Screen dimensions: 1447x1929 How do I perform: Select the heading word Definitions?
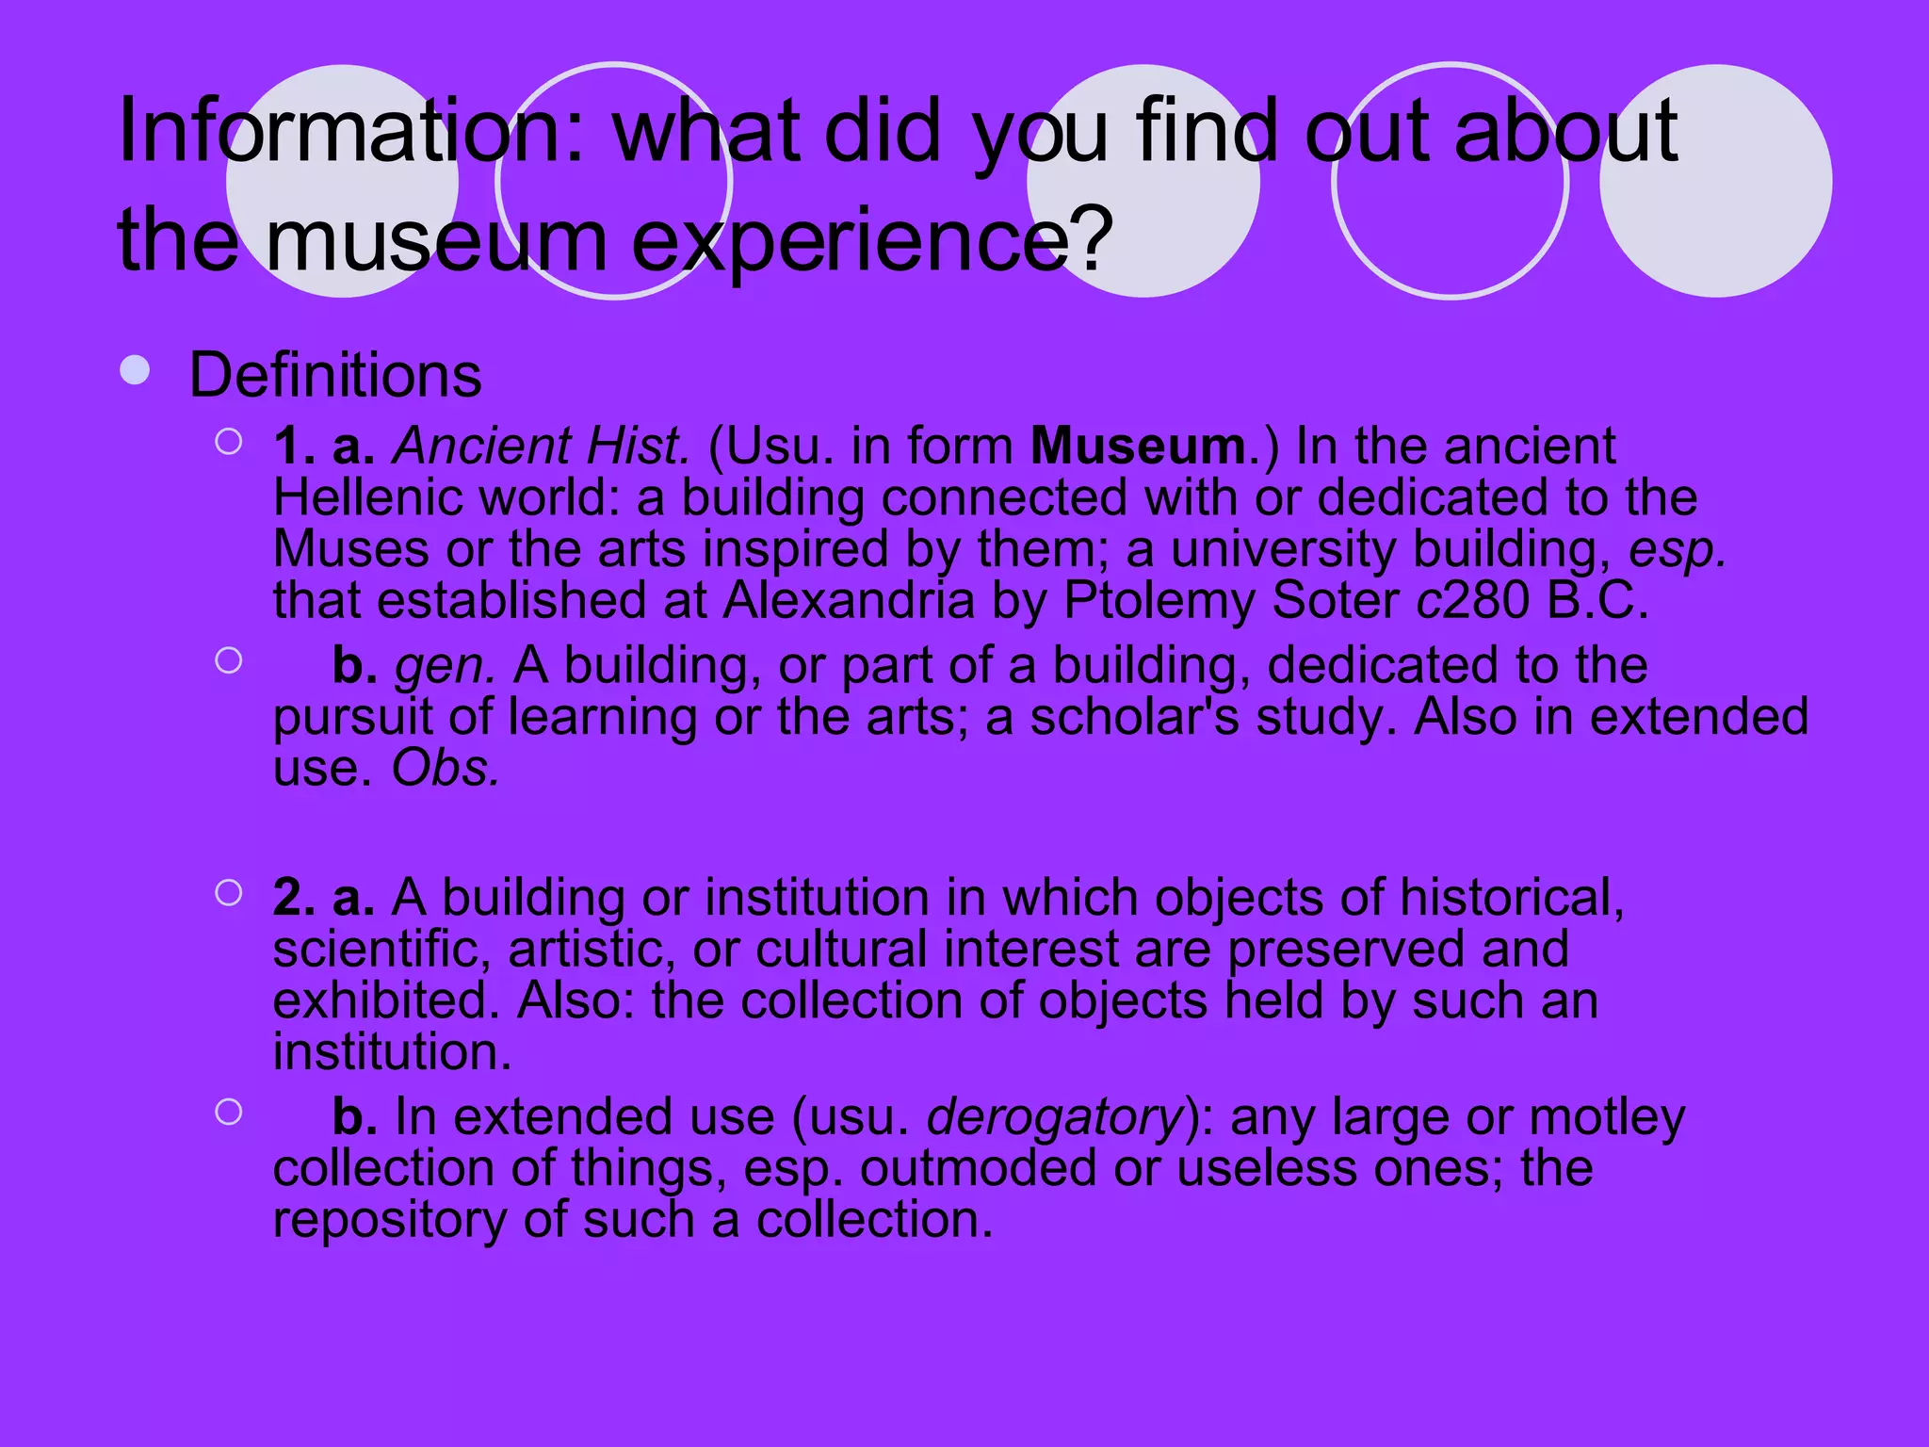point(335,375)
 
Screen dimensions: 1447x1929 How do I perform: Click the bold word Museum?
point(1139,447)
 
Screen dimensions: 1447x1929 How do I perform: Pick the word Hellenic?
point(368,497)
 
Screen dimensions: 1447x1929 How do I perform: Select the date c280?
point(1473,601)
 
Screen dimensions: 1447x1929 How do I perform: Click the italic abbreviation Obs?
point(445,769)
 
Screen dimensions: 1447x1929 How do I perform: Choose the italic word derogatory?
point(1055,1118)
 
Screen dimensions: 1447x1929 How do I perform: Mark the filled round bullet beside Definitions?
point(135,370)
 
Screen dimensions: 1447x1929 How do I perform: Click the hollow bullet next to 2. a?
point(228,892)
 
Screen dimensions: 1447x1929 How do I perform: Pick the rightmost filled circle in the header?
point(1715,181)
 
